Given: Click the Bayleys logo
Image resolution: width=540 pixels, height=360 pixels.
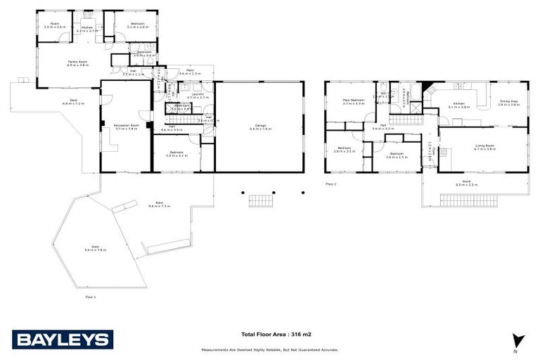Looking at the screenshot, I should point(63,340).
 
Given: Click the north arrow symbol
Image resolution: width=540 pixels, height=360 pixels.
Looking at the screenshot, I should point(518,340).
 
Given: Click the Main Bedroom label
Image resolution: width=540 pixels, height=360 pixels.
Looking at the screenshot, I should point(354,102).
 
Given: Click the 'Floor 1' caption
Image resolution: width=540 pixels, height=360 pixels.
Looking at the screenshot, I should point(90,297).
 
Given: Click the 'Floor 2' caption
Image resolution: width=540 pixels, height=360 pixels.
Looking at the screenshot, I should point(331,184).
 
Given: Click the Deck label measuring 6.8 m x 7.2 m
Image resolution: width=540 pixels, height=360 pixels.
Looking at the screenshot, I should point(72,102).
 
